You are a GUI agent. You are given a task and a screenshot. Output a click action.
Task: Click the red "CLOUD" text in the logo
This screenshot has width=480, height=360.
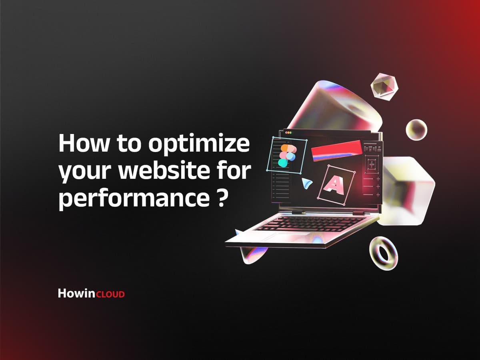point(110,294)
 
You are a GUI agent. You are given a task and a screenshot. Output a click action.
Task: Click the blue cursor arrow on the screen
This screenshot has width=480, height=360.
point(307,184)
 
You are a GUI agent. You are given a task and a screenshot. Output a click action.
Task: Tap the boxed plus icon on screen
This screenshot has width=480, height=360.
point(372,164)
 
